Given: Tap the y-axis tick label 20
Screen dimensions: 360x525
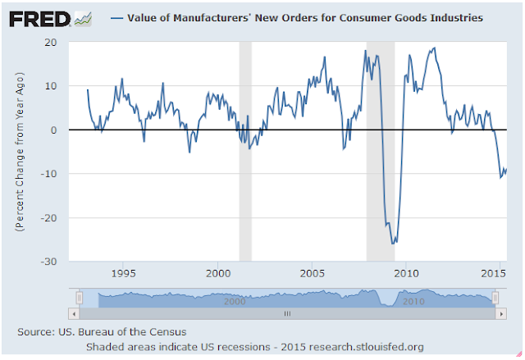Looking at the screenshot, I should click(x=51, y=42).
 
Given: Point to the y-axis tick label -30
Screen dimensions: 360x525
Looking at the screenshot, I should click(x=48, y=262).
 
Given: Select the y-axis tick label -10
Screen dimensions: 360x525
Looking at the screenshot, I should click(x=48, y=174).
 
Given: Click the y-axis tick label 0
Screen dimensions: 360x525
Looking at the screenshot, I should click(x=53, y=130).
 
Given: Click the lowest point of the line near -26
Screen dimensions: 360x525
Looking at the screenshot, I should click(x=394, y=243).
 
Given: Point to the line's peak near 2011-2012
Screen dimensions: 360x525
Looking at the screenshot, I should click(x=433, y=48).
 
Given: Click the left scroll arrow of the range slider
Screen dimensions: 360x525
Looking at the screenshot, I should click(x=74, y=312).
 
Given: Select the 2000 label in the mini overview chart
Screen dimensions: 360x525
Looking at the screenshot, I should click(x=235, y=301).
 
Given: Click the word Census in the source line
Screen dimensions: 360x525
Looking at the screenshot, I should click(x=167, y=331).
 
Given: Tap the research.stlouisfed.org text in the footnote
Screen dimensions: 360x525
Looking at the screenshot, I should click(x=370, y=347).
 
